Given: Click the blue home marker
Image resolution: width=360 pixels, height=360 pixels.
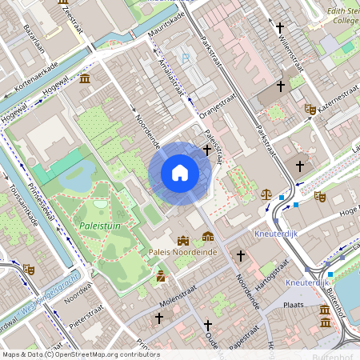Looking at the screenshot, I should [180, 172].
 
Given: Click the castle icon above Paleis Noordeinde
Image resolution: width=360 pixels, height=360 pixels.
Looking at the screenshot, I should [183, 239].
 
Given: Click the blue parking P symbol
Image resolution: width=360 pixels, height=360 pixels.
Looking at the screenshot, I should [186, 58].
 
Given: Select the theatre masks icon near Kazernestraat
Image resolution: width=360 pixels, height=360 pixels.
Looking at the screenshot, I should [310, 108].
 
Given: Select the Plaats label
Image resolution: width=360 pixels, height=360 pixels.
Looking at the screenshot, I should [297, 305].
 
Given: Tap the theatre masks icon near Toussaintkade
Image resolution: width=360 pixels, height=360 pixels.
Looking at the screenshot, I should [29, 270].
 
